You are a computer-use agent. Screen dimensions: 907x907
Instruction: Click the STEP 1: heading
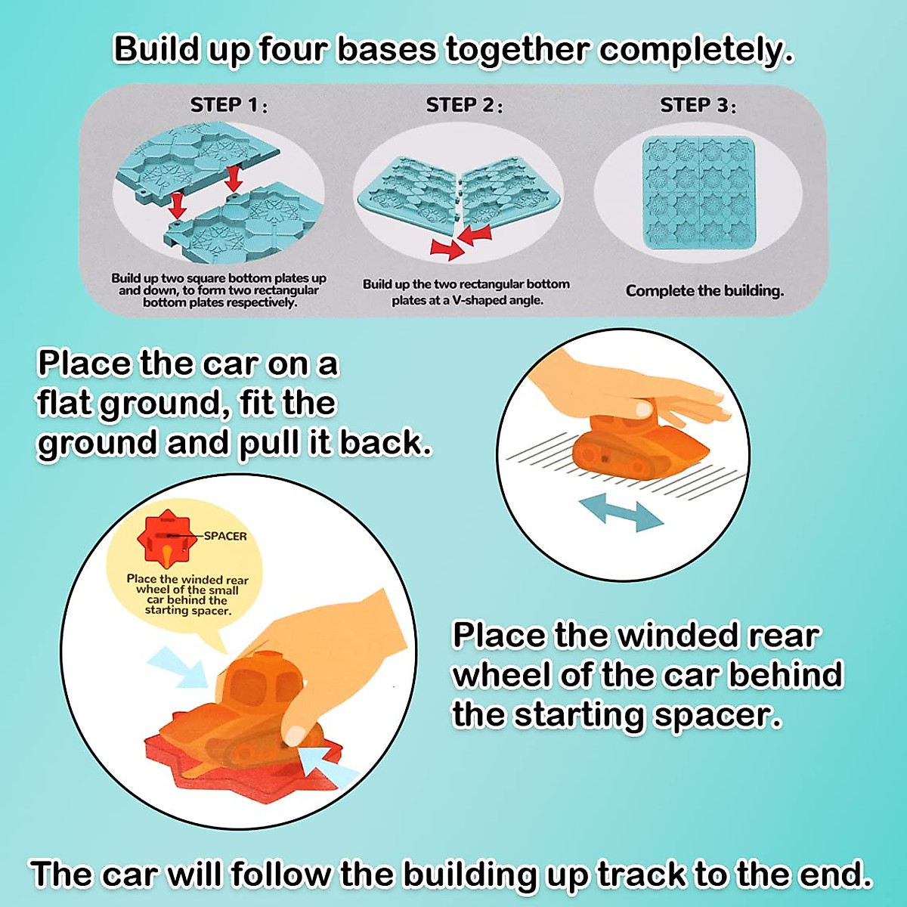click(x=228, y=104)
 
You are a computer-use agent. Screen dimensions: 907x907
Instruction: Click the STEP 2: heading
click(x=463, y=105)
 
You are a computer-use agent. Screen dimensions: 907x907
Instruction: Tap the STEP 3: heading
click(x=698, y=105)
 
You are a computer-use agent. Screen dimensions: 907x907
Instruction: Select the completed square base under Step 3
click(x=698, y=193)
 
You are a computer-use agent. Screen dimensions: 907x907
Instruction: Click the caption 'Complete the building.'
click(x=704, y=291)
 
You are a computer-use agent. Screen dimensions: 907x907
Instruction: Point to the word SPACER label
click(x=225, y=536)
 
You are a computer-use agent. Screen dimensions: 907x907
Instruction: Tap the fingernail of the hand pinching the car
click(x=295, y=733)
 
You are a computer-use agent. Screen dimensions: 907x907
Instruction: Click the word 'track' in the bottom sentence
click(x=642, y=874)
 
